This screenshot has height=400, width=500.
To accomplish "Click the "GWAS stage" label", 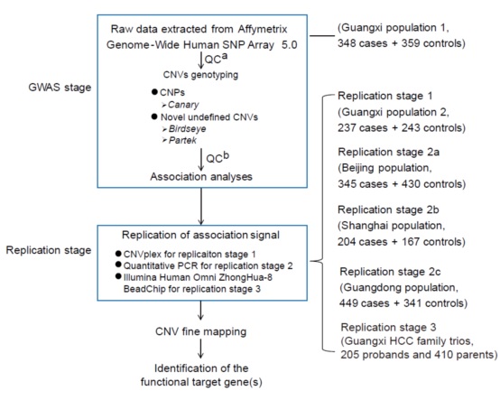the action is [60, 88].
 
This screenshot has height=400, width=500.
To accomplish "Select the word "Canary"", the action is [183, 105].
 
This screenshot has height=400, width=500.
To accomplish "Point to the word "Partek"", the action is [182, 140].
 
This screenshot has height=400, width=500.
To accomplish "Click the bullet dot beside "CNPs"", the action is [154, 92].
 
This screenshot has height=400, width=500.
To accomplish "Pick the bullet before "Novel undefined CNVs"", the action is [154, 116].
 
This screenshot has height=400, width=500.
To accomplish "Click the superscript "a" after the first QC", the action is [225, 56].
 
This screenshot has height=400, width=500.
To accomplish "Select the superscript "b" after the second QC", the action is [226, 155].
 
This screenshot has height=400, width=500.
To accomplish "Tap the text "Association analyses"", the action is [201, 177].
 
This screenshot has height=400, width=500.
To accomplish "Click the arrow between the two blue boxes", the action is [201, 206].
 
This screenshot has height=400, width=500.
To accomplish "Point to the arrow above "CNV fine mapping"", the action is [200, 311].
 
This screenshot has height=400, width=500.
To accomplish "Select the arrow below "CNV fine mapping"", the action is [200, 349].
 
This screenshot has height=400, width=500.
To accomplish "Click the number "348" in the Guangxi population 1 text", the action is [347, 43].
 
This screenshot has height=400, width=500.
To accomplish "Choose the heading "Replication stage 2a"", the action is [388, 152].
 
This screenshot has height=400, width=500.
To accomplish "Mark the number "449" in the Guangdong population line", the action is [348, 303].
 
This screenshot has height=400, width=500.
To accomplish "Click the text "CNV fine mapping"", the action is [201, 331].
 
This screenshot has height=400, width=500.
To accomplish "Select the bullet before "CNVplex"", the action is [118, 254].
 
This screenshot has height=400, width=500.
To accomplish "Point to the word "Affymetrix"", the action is [263, 30].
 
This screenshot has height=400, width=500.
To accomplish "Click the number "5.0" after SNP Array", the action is [290, 45].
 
